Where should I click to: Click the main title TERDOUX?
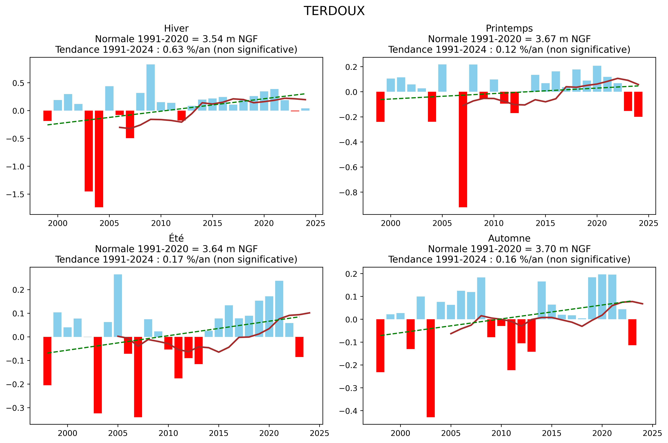point(334,11)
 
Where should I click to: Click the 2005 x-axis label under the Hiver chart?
point(109,223)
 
